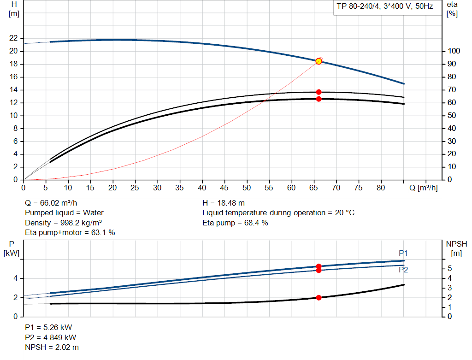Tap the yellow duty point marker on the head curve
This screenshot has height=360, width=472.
click(319, 61)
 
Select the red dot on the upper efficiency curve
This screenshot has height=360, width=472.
click(319, 92)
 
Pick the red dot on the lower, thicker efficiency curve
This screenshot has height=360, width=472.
click(319, 99)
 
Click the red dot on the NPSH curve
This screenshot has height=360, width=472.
click(319, 298)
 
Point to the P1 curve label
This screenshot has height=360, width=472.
click(403, 253)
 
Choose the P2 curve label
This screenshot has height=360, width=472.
click(403, 270)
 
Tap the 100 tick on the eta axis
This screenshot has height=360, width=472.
click(454, 51)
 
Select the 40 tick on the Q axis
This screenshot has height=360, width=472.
click(202, 188)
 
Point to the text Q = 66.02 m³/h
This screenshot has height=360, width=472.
click(51, 203)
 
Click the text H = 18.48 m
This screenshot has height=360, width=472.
click(224, 203)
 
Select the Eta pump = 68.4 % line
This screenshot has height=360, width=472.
click(235, 223)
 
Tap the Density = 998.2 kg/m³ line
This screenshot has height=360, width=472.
click(63, 223)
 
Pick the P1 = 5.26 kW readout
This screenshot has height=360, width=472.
click(48, 327)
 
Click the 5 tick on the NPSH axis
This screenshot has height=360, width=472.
click(449, 269)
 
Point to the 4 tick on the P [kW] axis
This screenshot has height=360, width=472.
click(15, 278)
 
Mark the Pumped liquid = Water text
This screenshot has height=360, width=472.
click(64, 213)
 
